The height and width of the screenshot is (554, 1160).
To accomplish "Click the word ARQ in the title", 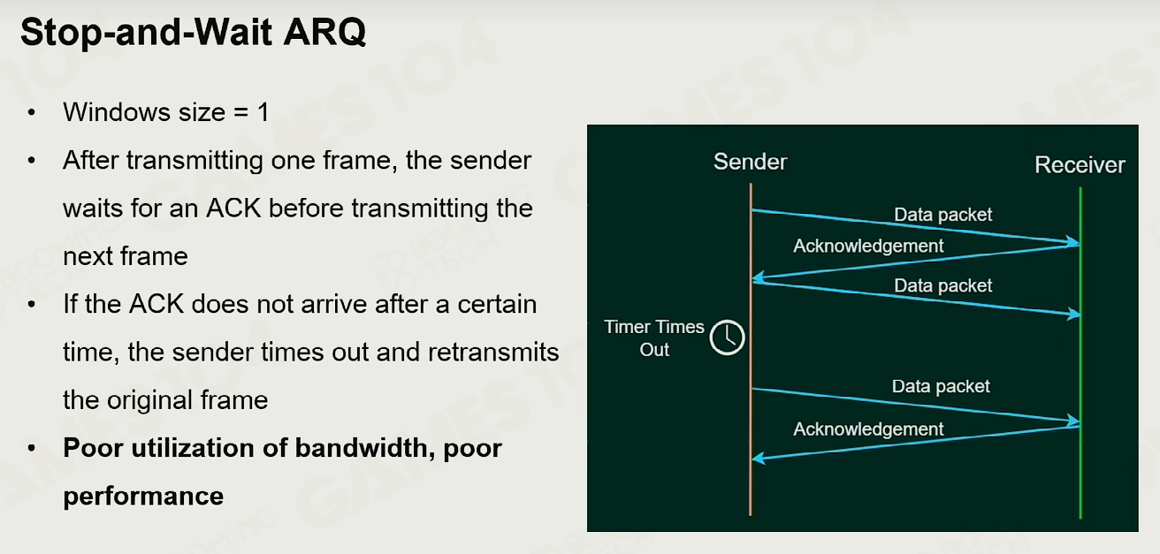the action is (x=324, y=32).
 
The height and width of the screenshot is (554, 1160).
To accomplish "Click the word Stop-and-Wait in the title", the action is (x=146, y=32).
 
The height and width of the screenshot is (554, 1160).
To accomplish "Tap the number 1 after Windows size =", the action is (x=263, y=112).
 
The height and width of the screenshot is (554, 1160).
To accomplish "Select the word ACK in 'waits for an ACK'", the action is (x=233, y=209).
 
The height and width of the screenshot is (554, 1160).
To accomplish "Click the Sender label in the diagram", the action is (x=750, y=162).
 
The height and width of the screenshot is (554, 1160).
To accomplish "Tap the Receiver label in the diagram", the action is (x=1080, y=165).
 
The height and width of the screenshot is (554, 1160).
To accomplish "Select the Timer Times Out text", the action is (x=654, y=338).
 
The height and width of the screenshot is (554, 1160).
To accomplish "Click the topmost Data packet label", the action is (x=942, y=215).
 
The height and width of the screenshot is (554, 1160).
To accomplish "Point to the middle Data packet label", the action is (x=942, y=285).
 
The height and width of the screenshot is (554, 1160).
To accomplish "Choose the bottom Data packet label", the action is (x=941, y=386).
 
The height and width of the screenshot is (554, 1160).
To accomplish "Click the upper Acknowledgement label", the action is (x=868, y=247).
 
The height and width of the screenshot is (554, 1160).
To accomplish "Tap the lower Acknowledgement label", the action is (x=868, y=429).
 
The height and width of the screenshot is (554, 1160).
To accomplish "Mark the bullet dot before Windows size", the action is (x=32, y=112).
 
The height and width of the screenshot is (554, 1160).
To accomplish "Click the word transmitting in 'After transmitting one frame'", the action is (x=195, y=161).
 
